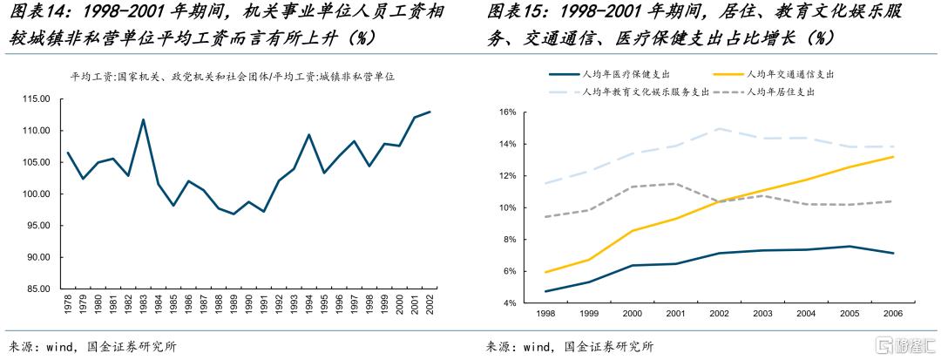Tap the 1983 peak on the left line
[143, 119]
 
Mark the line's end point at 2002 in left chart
[430, 112]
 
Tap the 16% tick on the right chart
[508, 112]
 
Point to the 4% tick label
[511, 302]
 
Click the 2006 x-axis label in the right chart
[893, 313]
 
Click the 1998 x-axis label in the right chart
[546, 313]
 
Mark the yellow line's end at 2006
[893, 157]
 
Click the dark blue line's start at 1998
[546, 291]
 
